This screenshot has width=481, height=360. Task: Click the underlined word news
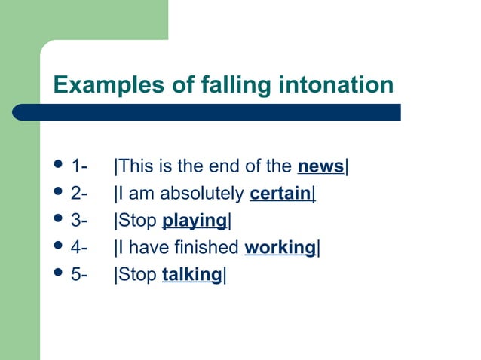(320, 166)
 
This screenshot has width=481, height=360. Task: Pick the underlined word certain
(280, 194)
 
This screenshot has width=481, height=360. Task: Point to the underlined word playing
(195, 221)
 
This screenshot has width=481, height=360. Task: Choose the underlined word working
(279, 248)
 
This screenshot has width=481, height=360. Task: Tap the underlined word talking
(191, 275)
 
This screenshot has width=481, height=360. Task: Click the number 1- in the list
(79, 166)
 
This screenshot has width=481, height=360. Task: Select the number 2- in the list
(79, 194)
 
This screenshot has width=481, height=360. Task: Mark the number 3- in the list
(79, 221)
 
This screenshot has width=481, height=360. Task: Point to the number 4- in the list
(79, 248)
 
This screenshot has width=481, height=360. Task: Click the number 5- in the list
(79, 275)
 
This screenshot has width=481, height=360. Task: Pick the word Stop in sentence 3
(136, 221)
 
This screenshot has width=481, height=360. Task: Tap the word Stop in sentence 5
(136, 275)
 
